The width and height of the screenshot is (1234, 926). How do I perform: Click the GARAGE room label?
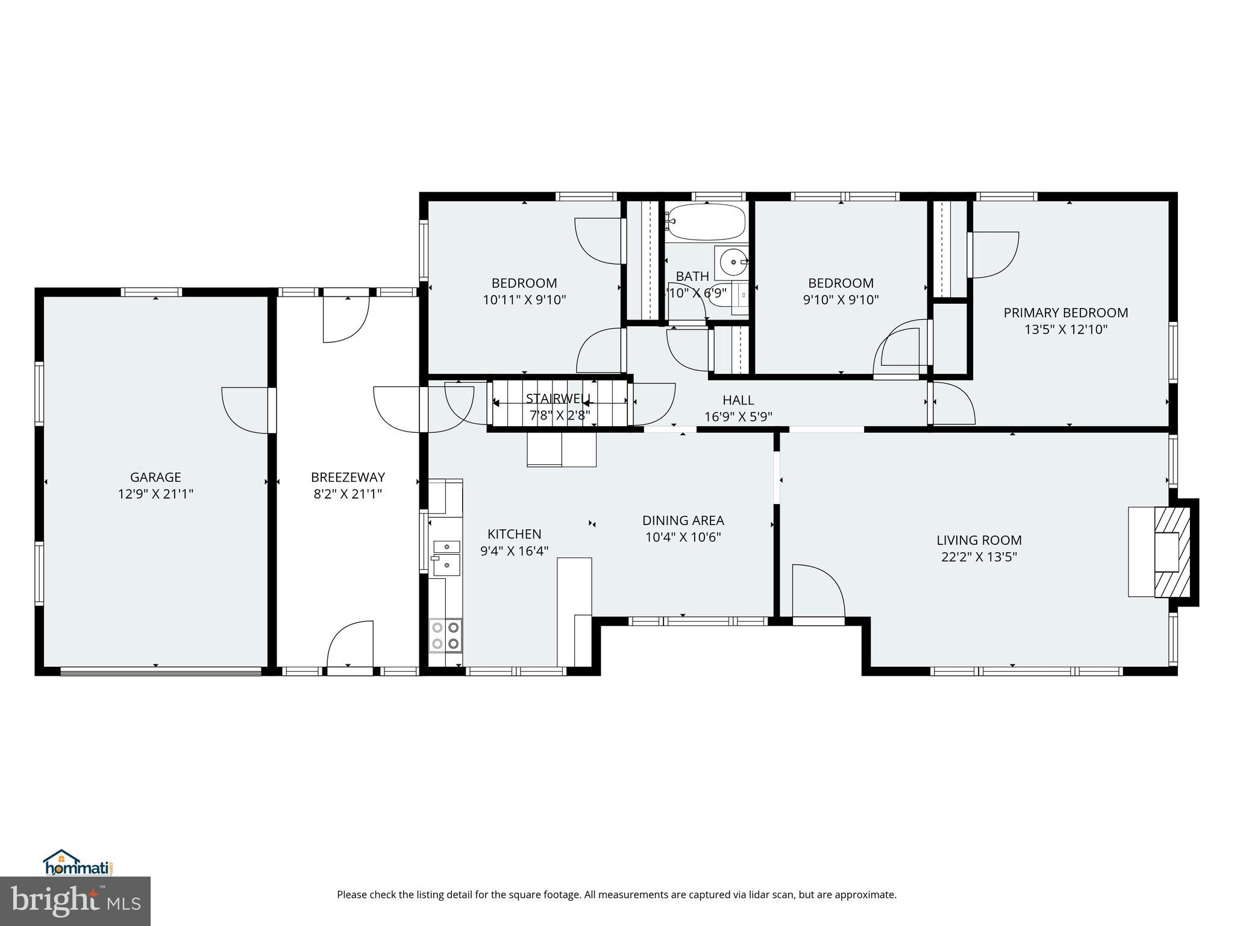pyautogui.click(x=155, y=477)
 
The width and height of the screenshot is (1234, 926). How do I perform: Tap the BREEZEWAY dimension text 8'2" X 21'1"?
pyautogui.click(x=348, y=494)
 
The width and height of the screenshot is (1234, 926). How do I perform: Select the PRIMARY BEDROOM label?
pyautogui.click(x=1065, y=313)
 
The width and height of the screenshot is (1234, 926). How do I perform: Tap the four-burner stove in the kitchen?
pyautogui.click(x=445, y=635)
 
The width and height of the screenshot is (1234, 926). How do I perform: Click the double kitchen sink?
pyautogui.click(x=446, y=556)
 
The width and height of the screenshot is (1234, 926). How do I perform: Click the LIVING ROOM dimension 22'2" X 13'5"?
pyautogui.click(x=979, y=557)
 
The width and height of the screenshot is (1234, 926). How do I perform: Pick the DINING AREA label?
pyautogui.click(x=683, y=520)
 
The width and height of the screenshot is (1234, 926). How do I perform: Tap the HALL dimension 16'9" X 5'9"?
pyautogui.click(x=738, y=417)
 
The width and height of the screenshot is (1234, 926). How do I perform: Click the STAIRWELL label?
pyautogui.click(x=559, y=398)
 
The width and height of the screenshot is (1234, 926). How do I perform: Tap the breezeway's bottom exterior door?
pyautogui.click(x=350, y=645)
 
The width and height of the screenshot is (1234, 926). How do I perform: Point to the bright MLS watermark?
pyautogui.click(x=75, y=901)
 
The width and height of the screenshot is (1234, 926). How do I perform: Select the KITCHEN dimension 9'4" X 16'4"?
pyautogui.click(x=514, y=551)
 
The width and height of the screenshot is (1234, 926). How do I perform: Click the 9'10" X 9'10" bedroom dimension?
pyautogui.click(x=841, y=300)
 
